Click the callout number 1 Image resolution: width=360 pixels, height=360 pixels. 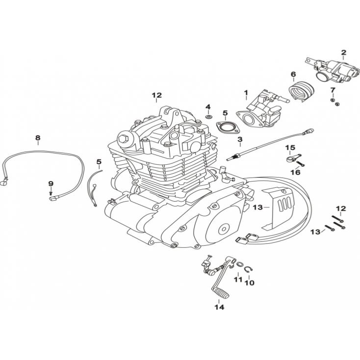tap(246, 92)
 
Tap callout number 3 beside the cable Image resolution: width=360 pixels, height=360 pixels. tap(240, 140)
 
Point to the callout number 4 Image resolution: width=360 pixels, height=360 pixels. tap(208, 107)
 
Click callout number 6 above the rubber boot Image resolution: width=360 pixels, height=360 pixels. tap(293, 75)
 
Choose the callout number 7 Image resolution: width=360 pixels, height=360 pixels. tap(333, 90)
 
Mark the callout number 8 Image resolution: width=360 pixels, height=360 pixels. tap(38, 138)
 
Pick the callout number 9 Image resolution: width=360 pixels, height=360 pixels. tap(50, 183)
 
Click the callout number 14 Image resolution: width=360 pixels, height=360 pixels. tap(219, 308)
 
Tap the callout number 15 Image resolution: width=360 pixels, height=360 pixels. tap(290, 148)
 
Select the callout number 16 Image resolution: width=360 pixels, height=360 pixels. tap(295, 173)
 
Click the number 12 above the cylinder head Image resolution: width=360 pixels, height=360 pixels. tap(156, 95)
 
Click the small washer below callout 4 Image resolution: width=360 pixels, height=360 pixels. tap(208, 117)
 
